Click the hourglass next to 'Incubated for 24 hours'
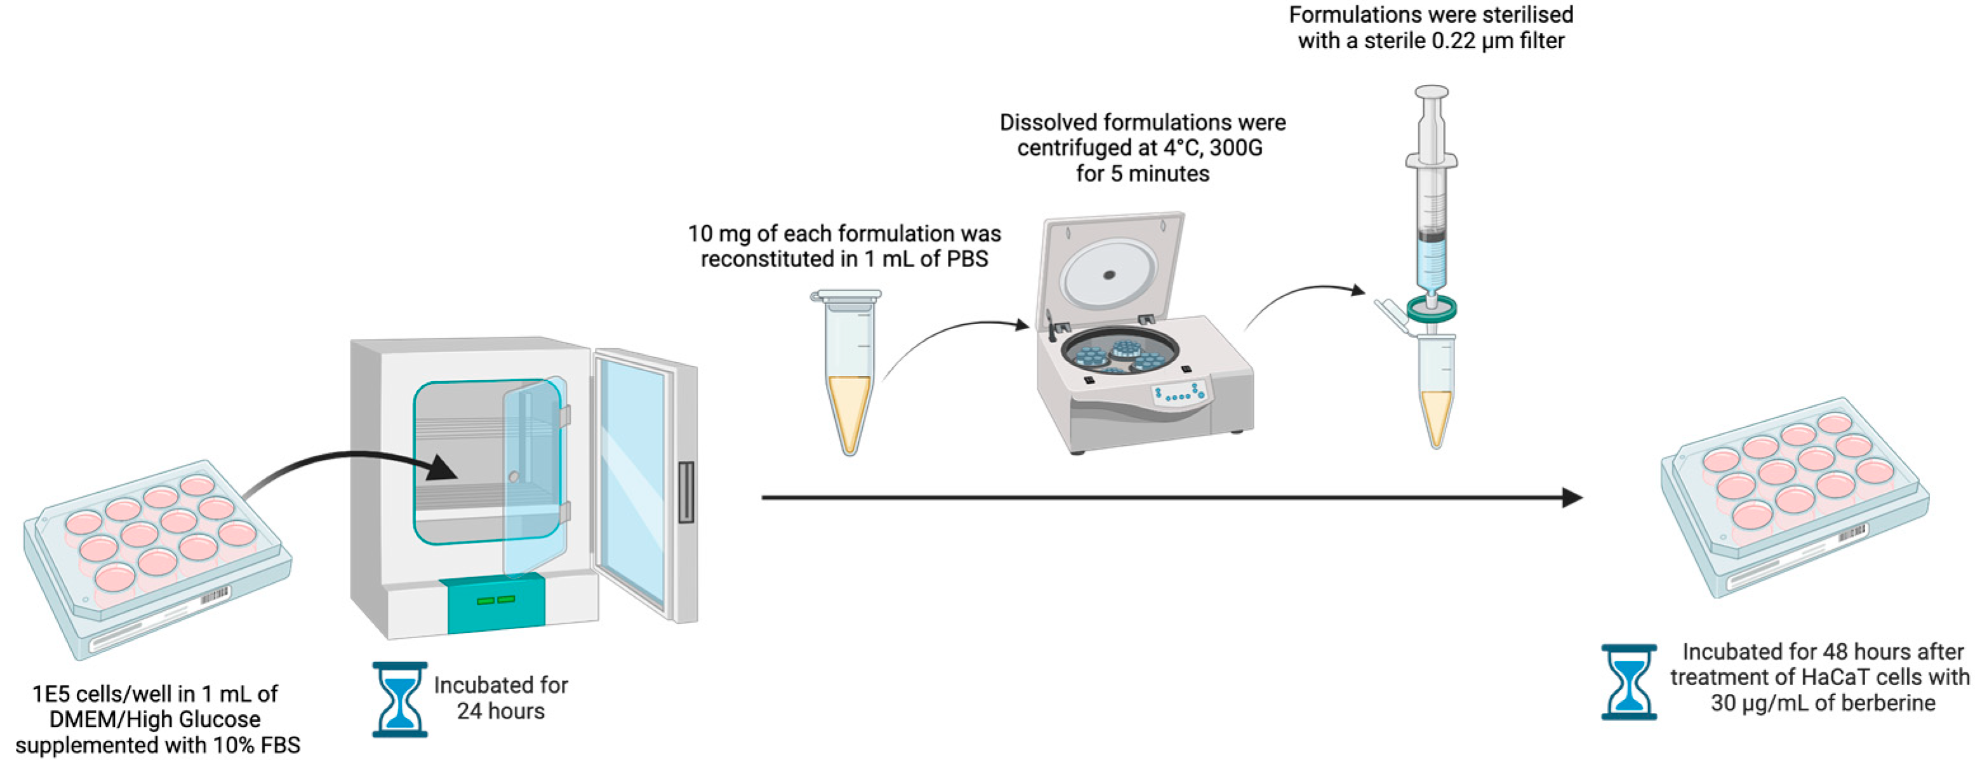(x=399, y=700)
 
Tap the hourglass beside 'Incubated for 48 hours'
(x=1628, y=682)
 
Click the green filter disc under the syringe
(x=1432, y=310)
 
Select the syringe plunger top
(x=1432, y=92)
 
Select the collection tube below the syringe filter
(x=1436, y=391)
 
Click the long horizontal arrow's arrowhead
(x=1572, y=498)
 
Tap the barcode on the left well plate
(x=215, y=596)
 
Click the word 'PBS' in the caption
(x=967, y=259)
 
